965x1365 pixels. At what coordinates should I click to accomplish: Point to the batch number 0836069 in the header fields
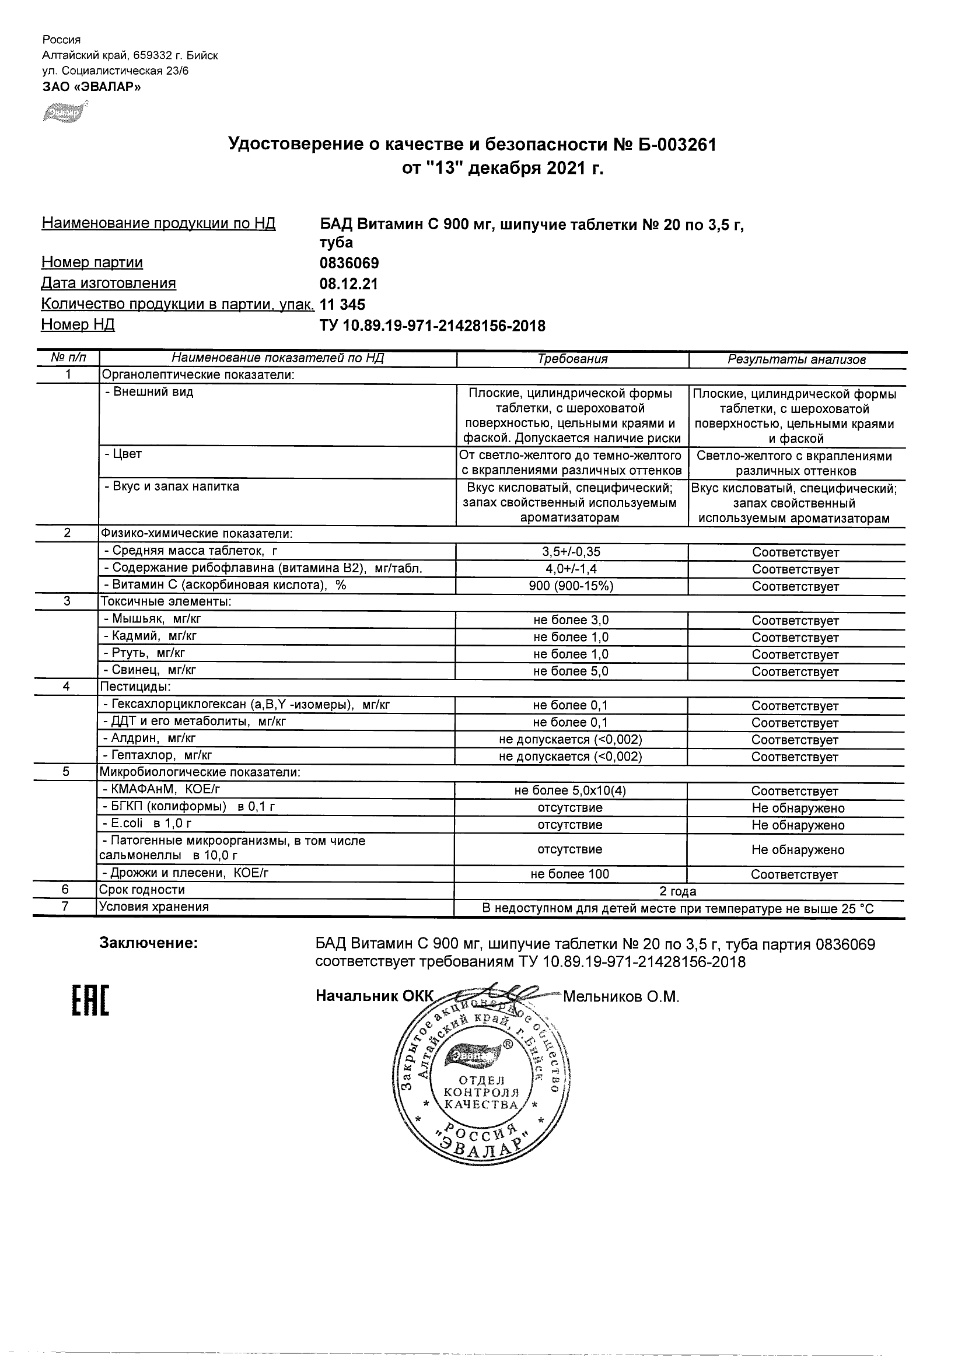click(349, 262)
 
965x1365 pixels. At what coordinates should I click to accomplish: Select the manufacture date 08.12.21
click(348, 283)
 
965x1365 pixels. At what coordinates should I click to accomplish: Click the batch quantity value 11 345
click(342, 304)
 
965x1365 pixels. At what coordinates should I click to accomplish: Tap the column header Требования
click(572, 359)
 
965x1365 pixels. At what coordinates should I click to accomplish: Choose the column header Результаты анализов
click(796, 360)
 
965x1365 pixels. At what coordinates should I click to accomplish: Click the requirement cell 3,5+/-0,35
click(571, 552)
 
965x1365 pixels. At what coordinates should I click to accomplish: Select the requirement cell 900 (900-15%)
click(571, 586)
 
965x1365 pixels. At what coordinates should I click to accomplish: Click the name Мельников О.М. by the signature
click(621, 997)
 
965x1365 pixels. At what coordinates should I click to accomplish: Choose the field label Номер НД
click(78, 324)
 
